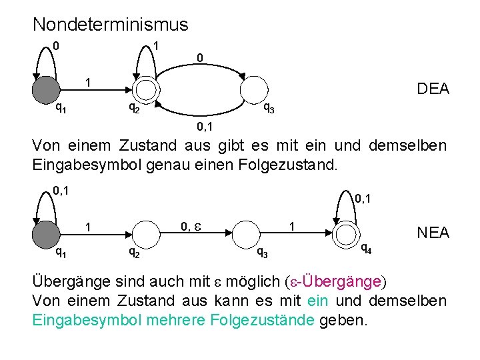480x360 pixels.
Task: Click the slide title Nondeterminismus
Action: coord(111,25)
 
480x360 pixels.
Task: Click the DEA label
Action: coord(433,89)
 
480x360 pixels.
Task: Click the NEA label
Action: coord(433,232)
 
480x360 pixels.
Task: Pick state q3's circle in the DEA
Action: coord(254,89)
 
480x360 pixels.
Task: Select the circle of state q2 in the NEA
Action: coord(147,234)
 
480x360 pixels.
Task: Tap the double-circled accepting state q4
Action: coord(348,234)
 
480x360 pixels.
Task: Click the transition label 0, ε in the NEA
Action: coord(192,227)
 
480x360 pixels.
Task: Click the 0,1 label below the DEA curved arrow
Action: coord(205,125)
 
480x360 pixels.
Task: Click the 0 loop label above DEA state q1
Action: coord(57,46)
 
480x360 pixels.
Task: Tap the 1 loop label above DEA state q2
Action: coord(155,45)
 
